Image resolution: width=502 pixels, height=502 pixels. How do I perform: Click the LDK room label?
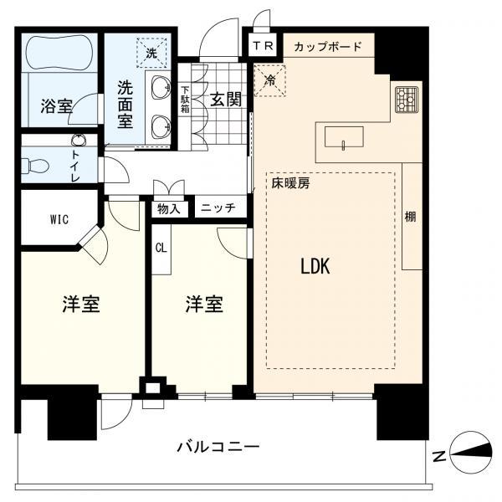click(x=316, y=267)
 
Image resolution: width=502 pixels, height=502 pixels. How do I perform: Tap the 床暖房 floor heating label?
click(x=289, y=182)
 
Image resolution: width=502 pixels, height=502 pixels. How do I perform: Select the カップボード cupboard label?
click(x=327, y=47)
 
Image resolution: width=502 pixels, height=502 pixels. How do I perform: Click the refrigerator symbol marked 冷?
click(x=270, y=81)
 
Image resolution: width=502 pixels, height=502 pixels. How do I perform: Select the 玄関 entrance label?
click(x=226, y=100)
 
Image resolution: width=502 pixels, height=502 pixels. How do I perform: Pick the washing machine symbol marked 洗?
click(x=152, y=52)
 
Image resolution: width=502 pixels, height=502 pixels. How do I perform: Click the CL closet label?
click(x=160, y=248)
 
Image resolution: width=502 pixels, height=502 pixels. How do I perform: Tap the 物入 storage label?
click(x=170, y=208)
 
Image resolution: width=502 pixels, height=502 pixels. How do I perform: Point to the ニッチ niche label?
click(x=218, y=208)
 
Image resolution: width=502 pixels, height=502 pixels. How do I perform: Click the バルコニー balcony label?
click(x=218, y=446)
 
